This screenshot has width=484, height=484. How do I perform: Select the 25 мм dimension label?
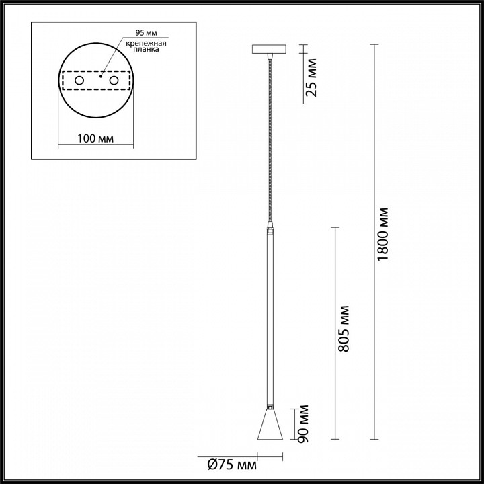[311, 78]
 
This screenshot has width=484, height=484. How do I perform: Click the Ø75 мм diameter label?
[228, 464]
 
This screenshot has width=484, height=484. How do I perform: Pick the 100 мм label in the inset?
[94, 138]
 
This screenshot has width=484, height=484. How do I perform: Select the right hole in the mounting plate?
[114, 81]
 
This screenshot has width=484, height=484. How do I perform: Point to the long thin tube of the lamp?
[269, 316]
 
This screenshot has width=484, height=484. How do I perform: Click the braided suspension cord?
[269, 134]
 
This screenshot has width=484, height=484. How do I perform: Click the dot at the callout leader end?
[101, 77]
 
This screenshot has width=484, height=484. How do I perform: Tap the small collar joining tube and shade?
[269, 407]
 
